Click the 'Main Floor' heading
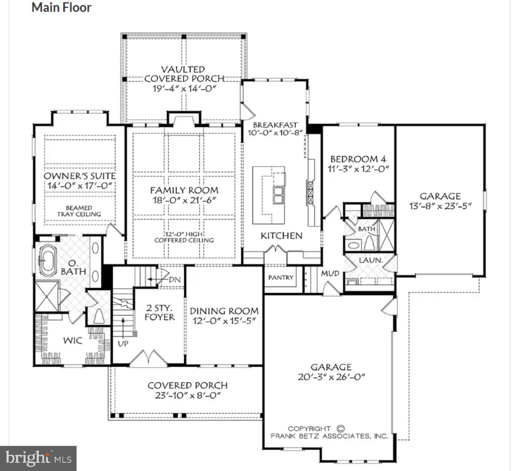(61, 7)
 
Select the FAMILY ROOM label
(184, 190)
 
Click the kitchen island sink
(278, 195)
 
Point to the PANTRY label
(281, 278)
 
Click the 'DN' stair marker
(175, 280)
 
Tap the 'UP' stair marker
(123, 343)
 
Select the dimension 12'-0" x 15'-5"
(224, 321)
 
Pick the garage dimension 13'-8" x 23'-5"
(440, 206)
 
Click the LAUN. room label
(370, 261)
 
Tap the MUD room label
(330, 273)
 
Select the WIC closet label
(72, 340)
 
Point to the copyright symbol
(340, 428)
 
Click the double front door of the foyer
(147, 357)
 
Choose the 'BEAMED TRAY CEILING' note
(79, 211)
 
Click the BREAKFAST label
(275, 125)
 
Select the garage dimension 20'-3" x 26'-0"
(331, 377)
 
